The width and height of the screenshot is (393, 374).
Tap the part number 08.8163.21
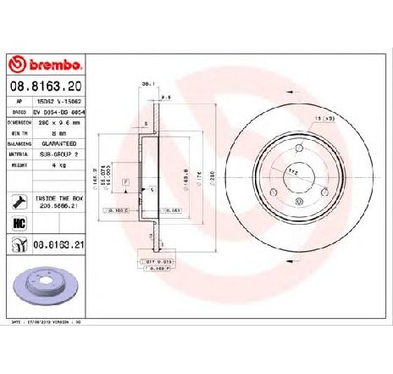pyautogui.click(x=61, y=244)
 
